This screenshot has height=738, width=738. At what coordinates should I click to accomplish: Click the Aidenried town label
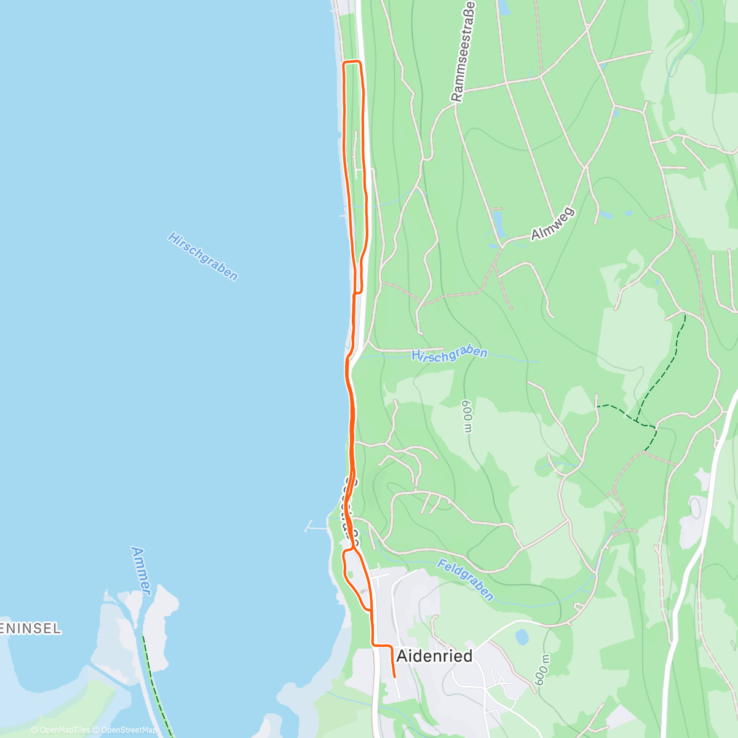coord(434,656)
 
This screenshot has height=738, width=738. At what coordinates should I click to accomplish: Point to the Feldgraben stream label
coord(466,579)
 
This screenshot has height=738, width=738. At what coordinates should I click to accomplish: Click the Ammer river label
coord(141,570)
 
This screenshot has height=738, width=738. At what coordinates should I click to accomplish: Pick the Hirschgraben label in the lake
coord(202,256)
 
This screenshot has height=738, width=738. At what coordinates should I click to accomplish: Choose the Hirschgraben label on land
coord(450,354)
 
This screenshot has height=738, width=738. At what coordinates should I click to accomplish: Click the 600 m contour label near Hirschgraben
coord(467,416)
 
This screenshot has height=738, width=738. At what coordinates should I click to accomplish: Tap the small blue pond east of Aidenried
coord(522,637)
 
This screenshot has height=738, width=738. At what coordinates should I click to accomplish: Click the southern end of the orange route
coord(394,677)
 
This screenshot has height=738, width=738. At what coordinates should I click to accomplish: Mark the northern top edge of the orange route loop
coord(351,62)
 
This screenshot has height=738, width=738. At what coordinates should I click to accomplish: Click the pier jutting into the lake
coord(317,527)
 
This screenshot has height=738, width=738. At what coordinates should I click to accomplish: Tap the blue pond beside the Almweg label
coord(498,223)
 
